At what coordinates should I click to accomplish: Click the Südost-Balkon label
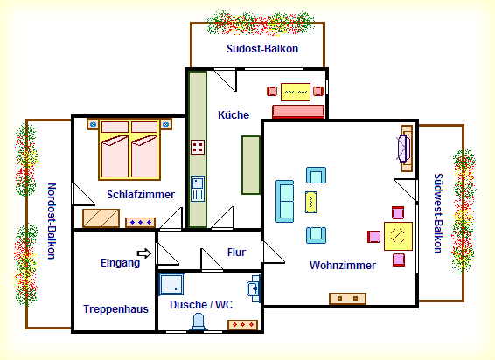coord(262,49)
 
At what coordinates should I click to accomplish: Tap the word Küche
coord(234,114)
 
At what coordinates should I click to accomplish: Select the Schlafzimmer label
coord(141,195)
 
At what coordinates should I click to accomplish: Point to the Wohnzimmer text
coord(343,266)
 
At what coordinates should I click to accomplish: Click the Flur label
coord(236,253)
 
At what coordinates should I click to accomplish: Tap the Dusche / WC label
coord(201,305)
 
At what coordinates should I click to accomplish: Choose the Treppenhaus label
coord(115,309)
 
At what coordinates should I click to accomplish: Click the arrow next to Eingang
coord(144,253)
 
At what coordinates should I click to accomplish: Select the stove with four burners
coord(198,147)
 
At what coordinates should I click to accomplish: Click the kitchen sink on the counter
coord(198,189)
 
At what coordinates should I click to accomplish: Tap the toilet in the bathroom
coord(198,322)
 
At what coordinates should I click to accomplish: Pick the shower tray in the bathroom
coord(171,284)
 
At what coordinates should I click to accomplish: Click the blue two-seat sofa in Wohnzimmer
coord(285,201)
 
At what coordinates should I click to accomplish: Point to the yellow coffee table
coord(311,202)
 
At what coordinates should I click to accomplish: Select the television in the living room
coord(403,149)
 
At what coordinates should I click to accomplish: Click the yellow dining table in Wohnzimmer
coord(398,236)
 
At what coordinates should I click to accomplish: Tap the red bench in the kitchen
coord(298,112)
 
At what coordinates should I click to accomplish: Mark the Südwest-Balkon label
coord(438,213)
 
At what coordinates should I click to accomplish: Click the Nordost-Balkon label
coord(52,221)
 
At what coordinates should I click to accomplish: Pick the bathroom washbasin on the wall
coord(254,288)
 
